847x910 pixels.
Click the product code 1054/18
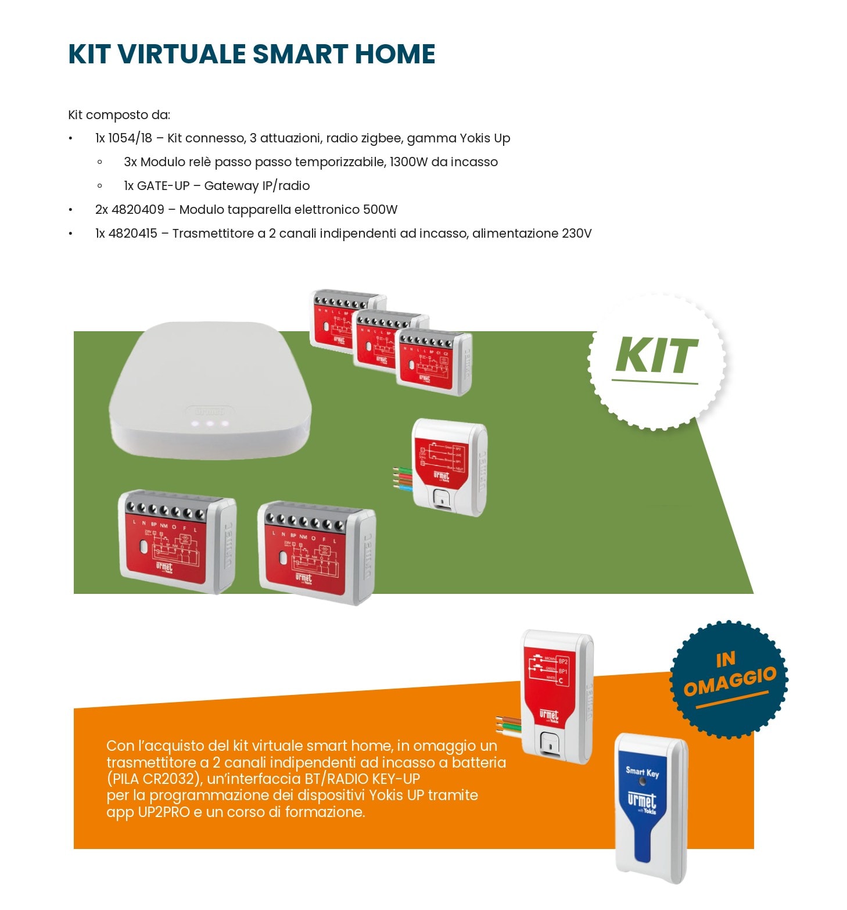point(130,138)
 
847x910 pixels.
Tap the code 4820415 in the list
point(132,234)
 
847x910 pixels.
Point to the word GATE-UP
point(163,186)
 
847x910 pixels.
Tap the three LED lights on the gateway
point(210,424)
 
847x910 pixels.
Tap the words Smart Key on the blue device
point(642,772)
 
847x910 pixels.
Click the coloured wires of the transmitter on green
point(403,479)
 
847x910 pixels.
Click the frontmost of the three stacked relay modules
point(433,362)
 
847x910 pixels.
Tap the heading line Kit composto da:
point(119,115)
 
